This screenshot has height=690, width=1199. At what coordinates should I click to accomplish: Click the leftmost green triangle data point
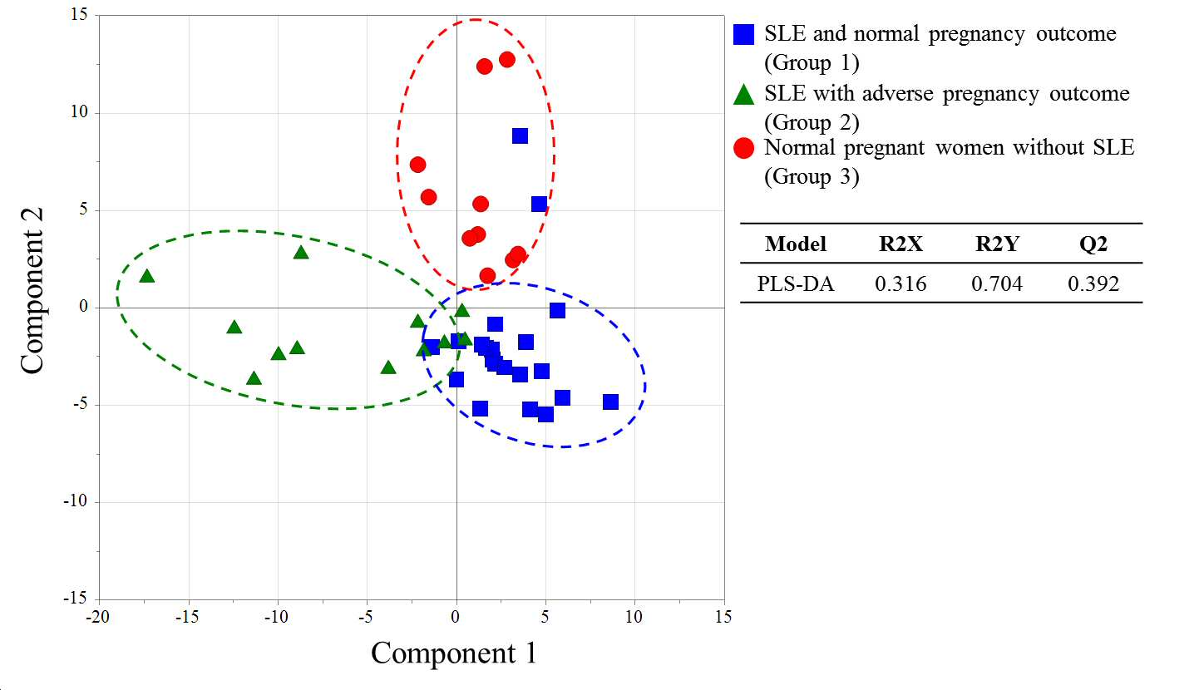[x=146, y=276]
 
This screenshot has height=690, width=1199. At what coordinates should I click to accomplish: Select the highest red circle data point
[x=507, y=59]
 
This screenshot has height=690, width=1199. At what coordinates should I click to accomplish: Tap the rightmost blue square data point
[x=610, y=402]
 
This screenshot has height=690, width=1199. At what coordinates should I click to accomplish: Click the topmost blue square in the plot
[x=520, y=136]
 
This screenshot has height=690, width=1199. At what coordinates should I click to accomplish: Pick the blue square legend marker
[x=743, y=34]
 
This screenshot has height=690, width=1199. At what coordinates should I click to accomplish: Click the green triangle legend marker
[x=743, y=95]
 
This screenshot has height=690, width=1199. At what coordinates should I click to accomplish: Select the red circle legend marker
[x=743, y=148]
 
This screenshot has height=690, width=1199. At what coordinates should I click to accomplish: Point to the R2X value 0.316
[x=900, y=283]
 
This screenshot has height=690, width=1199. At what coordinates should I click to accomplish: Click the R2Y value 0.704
[x=997, y=283]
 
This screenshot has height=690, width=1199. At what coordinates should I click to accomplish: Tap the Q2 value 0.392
[x=1093, y=283]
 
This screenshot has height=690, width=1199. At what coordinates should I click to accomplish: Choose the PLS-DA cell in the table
[x=796, y=283]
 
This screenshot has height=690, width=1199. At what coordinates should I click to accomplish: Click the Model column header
[x=796, y=244]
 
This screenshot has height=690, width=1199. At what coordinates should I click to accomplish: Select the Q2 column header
[x=1093, y=244]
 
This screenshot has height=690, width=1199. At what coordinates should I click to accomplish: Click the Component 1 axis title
[x=454, y=653]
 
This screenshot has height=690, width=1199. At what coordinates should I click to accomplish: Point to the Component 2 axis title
[x=32, y=291]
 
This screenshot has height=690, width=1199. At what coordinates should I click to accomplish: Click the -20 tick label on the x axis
[x=97, y=617]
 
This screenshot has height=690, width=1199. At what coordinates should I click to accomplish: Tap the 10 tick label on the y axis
[x=79, y=112]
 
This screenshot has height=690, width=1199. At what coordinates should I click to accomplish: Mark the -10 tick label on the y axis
[x=76, y=501]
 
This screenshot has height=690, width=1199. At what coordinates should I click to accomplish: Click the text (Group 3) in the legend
[x=812, y=176]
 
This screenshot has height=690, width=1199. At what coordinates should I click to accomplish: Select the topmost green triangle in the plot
[x=301, y=252]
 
